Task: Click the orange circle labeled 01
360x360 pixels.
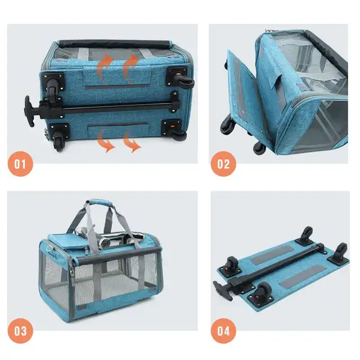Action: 20,164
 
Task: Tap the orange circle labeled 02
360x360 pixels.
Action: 223,164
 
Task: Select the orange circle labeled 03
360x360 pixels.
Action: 20,331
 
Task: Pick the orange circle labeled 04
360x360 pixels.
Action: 223,331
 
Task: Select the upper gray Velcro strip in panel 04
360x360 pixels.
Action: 272,255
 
